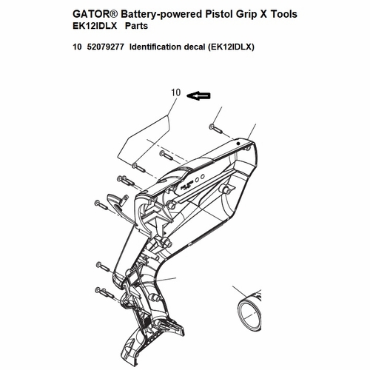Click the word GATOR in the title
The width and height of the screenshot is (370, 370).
click(x=90, y=14)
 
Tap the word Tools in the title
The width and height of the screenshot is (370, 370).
click(x=284, y=14)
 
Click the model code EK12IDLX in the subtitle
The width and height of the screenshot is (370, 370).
click(x=95, y=26)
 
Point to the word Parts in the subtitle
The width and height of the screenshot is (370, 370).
click(x=136, y=26)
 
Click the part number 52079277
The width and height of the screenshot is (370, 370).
click(x=106, y=47)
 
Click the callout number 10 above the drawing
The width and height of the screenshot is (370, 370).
click(x=176, y=92)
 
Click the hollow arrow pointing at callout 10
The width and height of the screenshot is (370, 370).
click(x=198, y=95)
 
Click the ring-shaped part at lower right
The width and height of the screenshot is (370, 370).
click(x=249, y=314)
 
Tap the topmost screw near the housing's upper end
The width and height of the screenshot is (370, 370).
click(x=216, y=129)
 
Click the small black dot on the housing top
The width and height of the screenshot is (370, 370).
click(x=238, y=144)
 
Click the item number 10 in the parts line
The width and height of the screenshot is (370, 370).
click(x=77, y=47)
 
